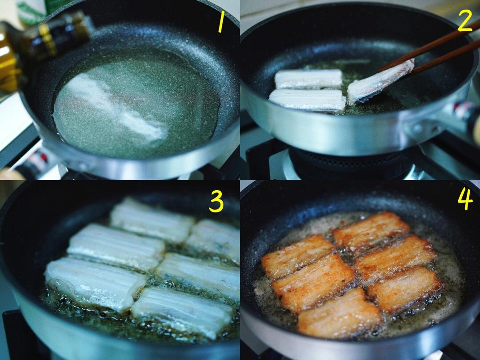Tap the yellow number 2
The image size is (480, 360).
465,22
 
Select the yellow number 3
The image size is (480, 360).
216,202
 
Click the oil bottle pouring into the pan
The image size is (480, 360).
40,49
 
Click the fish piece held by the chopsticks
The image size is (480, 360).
380,80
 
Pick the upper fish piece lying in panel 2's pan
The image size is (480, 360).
308,79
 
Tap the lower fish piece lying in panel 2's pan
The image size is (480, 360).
307,100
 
